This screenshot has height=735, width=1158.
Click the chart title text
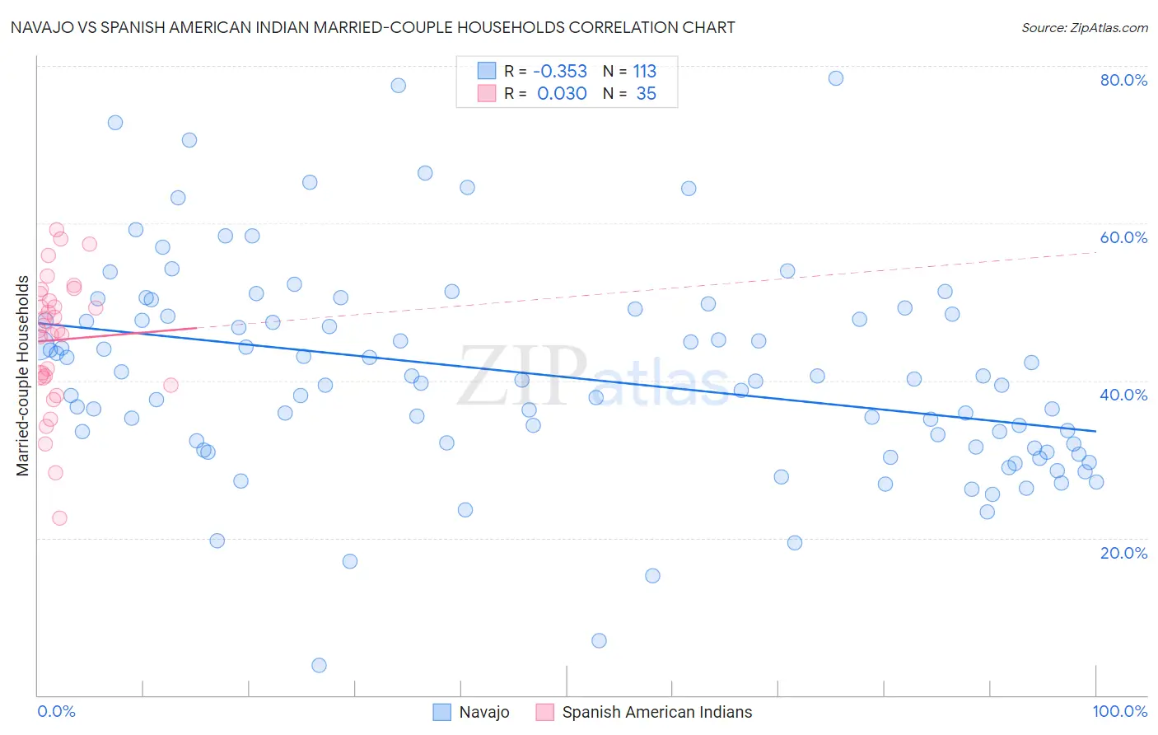(372, 27)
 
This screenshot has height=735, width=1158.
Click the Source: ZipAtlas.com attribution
(1084, 28)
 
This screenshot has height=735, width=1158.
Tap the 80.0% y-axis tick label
(1123, 80)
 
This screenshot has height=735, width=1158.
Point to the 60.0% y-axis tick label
(1123, 237)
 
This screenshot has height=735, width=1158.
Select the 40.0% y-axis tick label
(1123, 395)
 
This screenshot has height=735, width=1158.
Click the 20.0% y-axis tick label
(1123, 553)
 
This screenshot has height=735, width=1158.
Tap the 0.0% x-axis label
(56, 711)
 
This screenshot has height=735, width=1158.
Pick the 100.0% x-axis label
(1119, 711)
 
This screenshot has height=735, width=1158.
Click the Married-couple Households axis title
(23, 376)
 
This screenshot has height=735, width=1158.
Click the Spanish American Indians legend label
(656, 712)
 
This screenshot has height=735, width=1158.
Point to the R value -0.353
(560, 72)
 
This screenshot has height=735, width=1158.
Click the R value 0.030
(562, 94)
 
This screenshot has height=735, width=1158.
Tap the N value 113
(645, 72)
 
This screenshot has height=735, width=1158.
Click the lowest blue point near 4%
(319, 665)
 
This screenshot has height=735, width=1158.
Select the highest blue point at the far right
(836, 78)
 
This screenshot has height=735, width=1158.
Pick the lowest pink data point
(59, 518)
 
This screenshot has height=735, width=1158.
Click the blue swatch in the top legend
(487, 71)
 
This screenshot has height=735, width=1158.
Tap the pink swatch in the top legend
(487, 93)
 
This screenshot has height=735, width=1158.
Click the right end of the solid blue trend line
(1096, 431)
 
